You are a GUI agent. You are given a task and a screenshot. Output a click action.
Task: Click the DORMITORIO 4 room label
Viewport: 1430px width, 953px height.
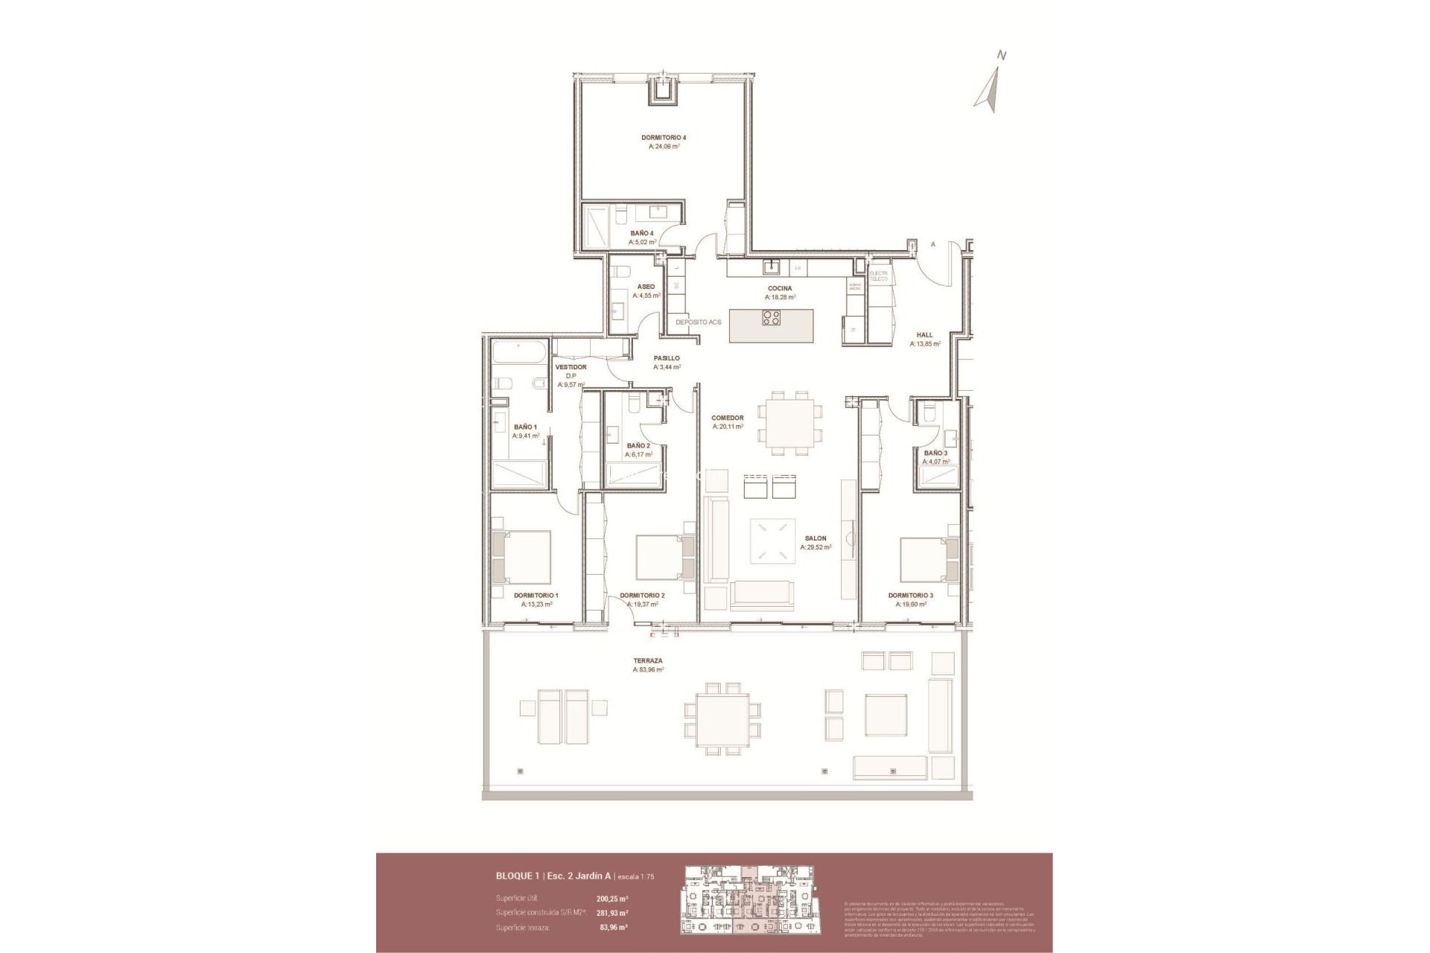tap(663, 138)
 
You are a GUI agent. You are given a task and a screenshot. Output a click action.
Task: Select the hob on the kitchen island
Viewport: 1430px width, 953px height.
tap(772, 319)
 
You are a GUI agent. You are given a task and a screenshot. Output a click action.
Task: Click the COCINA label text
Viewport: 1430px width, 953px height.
tap(780, 288)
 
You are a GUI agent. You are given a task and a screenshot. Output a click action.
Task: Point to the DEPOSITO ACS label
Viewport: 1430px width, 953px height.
tap(698, 322)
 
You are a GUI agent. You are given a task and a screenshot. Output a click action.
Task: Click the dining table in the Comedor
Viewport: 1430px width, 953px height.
tap(790, 423)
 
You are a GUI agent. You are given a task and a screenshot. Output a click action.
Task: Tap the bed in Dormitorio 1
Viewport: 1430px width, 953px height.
tap(524, 557)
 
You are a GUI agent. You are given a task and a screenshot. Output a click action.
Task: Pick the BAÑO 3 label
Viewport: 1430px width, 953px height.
tap(935, 453)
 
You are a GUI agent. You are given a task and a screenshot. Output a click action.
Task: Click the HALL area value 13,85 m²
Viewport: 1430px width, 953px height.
tap(925, 344)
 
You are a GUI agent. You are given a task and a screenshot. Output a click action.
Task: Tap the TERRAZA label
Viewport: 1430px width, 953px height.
tap(647, 660)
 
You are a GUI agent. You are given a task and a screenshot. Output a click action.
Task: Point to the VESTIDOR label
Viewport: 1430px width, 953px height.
tap(571, 367)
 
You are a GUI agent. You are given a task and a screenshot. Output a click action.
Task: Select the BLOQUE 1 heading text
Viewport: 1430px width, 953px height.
tap(518, 876)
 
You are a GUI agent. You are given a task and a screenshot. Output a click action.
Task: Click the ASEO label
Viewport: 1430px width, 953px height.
tap(646, 287)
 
